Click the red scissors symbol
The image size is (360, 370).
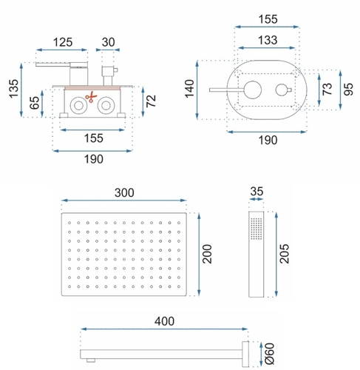point(91,97)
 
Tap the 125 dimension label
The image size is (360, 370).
point(63,42)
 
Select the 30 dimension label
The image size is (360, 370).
point(108,42)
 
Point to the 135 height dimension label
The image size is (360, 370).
point(14,89)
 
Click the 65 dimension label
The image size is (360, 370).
point(35,103)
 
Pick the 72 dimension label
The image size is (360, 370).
point(151,101)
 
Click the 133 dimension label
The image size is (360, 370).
point(268,40)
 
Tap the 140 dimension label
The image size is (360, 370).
point(190,89)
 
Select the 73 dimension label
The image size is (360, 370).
point(327,89)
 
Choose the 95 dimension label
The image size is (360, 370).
point(348,89)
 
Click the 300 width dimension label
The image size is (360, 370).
point(124,192)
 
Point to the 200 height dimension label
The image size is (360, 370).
point(207,254)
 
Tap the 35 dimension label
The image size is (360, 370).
point(257,191)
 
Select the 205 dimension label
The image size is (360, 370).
point(285,254)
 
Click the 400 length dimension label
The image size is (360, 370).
point(164,321)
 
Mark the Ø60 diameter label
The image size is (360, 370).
point(270,354)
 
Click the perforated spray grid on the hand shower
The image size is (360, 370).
point(257,229)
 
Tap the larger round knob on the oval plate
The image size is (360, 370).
point(253,90)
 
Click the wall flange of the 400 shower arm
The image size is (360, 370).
point(245,354)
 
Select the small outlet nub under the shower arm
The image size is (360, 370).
point(91,360)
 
